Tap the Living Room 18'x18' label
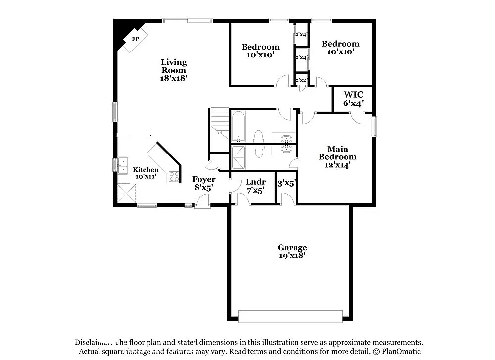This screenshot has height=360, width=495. [x=174, y=70]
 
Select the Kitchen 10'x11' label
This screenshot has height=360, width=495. [x=146, y=173]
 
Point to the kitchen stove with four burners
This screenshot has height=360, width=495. [x=174, y=176]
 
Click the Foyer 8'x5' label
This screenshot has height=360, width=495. [x=203, y=183]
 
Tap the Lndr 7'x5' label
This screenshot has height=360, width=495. [x=255, y=185]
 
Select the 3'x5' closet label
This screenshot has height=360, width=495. [x=286, y=183]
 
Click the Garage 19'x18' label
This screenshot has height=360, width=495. [x=292, y=252]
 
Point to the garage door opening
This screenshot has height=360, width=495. [x=290, y=316]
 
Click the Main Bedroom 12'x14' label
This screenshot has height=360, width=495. [x=337, y=157]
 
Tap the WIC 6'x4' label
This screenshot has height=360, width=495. [x=353, y=99]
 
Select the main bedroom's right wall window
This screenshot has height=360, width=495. [x=374, y=126]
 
